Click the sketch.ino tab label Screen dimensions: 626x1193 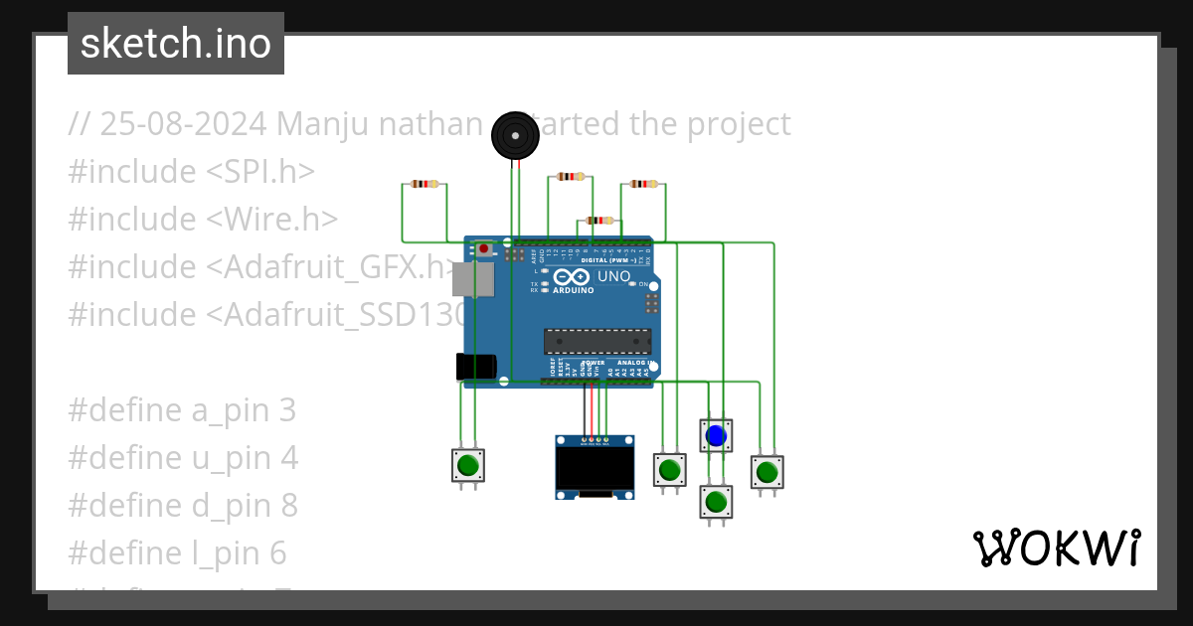pyautogui.click(x=176, y=44)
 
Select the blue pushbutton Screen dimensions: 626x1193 pyautogui.click(x=716, y=435)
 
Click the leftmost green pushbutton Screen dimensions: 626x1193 pyautogui.click(x=468, y=465)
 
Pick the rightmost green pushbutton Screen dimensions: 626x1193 pyautogui.click(x=767, y=471)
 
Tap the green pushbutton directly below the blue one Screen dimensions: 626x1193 pyautogui.click(x=716, y=501)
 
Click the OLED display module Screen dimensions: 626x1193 pyautogui.click(x=595, y=466)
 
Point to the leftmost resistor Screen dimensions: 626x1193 pyautogui.click(x=425, y=184)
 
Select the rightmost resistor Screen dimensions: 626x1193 pyautogui.click(x=644, y=183)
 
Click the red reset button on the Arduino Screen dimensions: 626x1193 pyautogui.click(x=483, y=247)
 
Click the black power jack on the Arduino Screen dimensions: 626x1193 pyautogui.click(x=475, y=367)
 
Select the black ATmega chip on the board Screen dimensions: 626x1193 pyautogui.click(x=596, y=341)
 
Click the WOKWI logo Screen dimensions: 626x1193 pyautogui.click(x=1056, y=548)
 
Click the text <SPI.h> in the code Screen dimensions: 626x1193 pyautogui.click(x=260, y=172)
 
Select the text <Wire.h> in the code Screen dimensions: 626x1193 pyautogui.click(x=272, y=220)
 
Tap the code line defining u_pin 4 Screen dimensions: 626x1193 pyautogui.click(x=183, y=458)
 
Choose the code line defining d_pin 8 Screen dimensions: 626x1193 pyautogui.click(x=183, y=506)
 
